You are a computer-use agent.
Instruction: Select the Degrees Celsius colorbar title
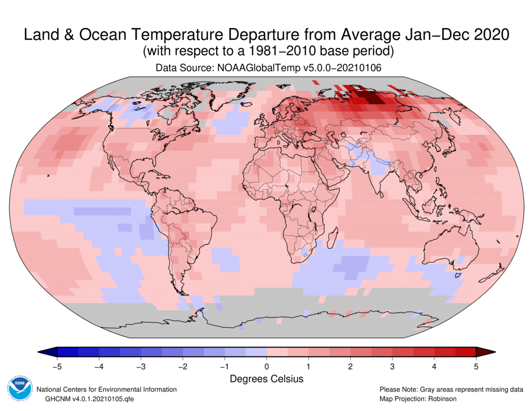(267, 379)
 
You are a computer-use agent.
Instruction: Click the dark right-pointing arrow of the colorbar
(485, 352)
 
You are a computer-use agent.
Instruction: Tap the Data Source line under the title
(266, 68)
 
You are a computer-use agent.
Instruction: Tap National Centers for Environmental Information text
(106, 390)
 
